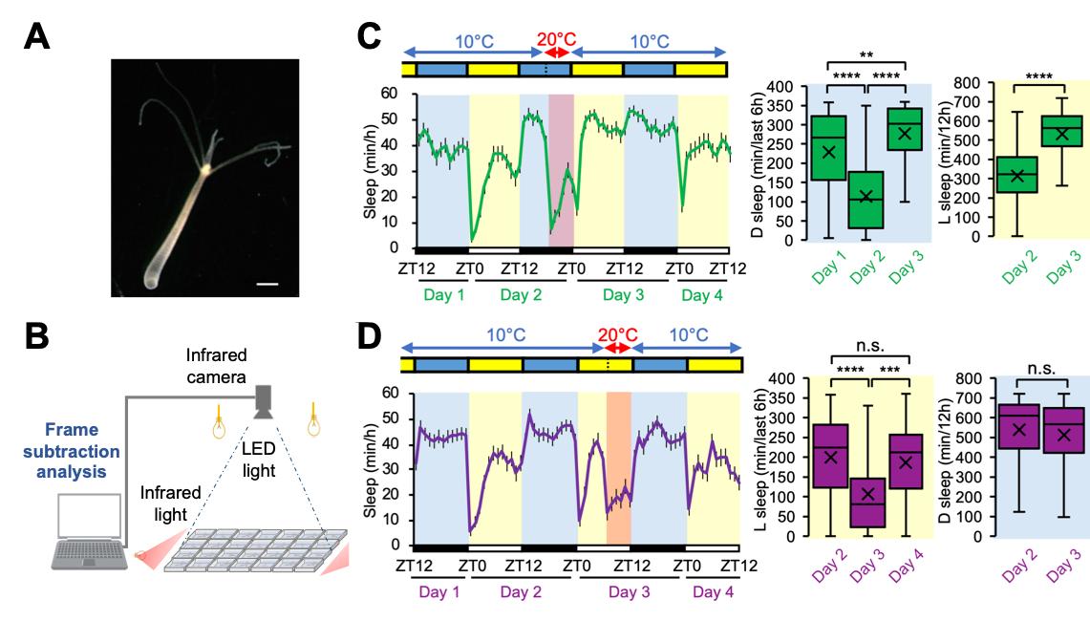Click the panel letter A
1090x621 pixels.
pos(35,37)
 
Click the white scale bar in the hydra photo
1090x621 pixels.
pos(267,283)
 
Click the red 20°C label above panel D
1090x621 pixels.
pos(616,335)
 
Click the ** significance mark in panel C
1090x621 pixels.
pos(866,54)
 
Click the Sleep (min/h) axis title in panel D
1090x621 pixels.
pos(371,467)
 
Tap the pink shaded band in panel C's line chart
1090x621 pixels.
pos(561,172)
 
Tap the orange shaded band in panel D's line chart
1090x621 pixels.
pos(618,468)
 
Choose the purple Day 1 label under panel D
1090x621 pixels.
pos(438,592)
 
